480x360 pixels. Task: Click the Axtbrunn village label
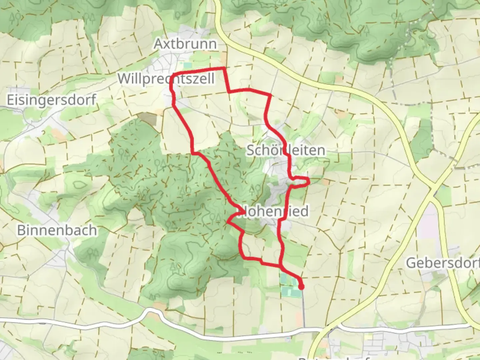point(185,44)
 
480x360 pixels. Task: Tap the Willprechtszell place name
point(166,79)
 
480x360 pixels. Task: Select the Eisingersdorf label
point(52,100)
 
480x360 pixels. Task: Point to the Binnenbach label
point(57,230)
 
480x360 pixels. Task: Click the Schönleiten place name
point(286,150)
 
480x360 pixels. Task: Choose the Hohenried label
point(276,211)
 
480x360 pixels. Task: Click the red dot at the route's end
point(301,287)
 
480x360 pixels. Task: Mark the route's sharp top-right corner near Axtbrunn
point(224,69)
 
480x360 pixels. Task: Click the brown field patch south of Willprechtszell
point(147,118)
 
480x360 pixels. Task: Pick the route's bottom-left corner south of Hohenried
point(243,257)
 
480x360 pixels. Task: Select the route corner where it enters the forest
point(193,153)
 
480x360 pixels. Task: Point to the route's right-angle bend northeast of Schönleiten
point(269,95)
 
